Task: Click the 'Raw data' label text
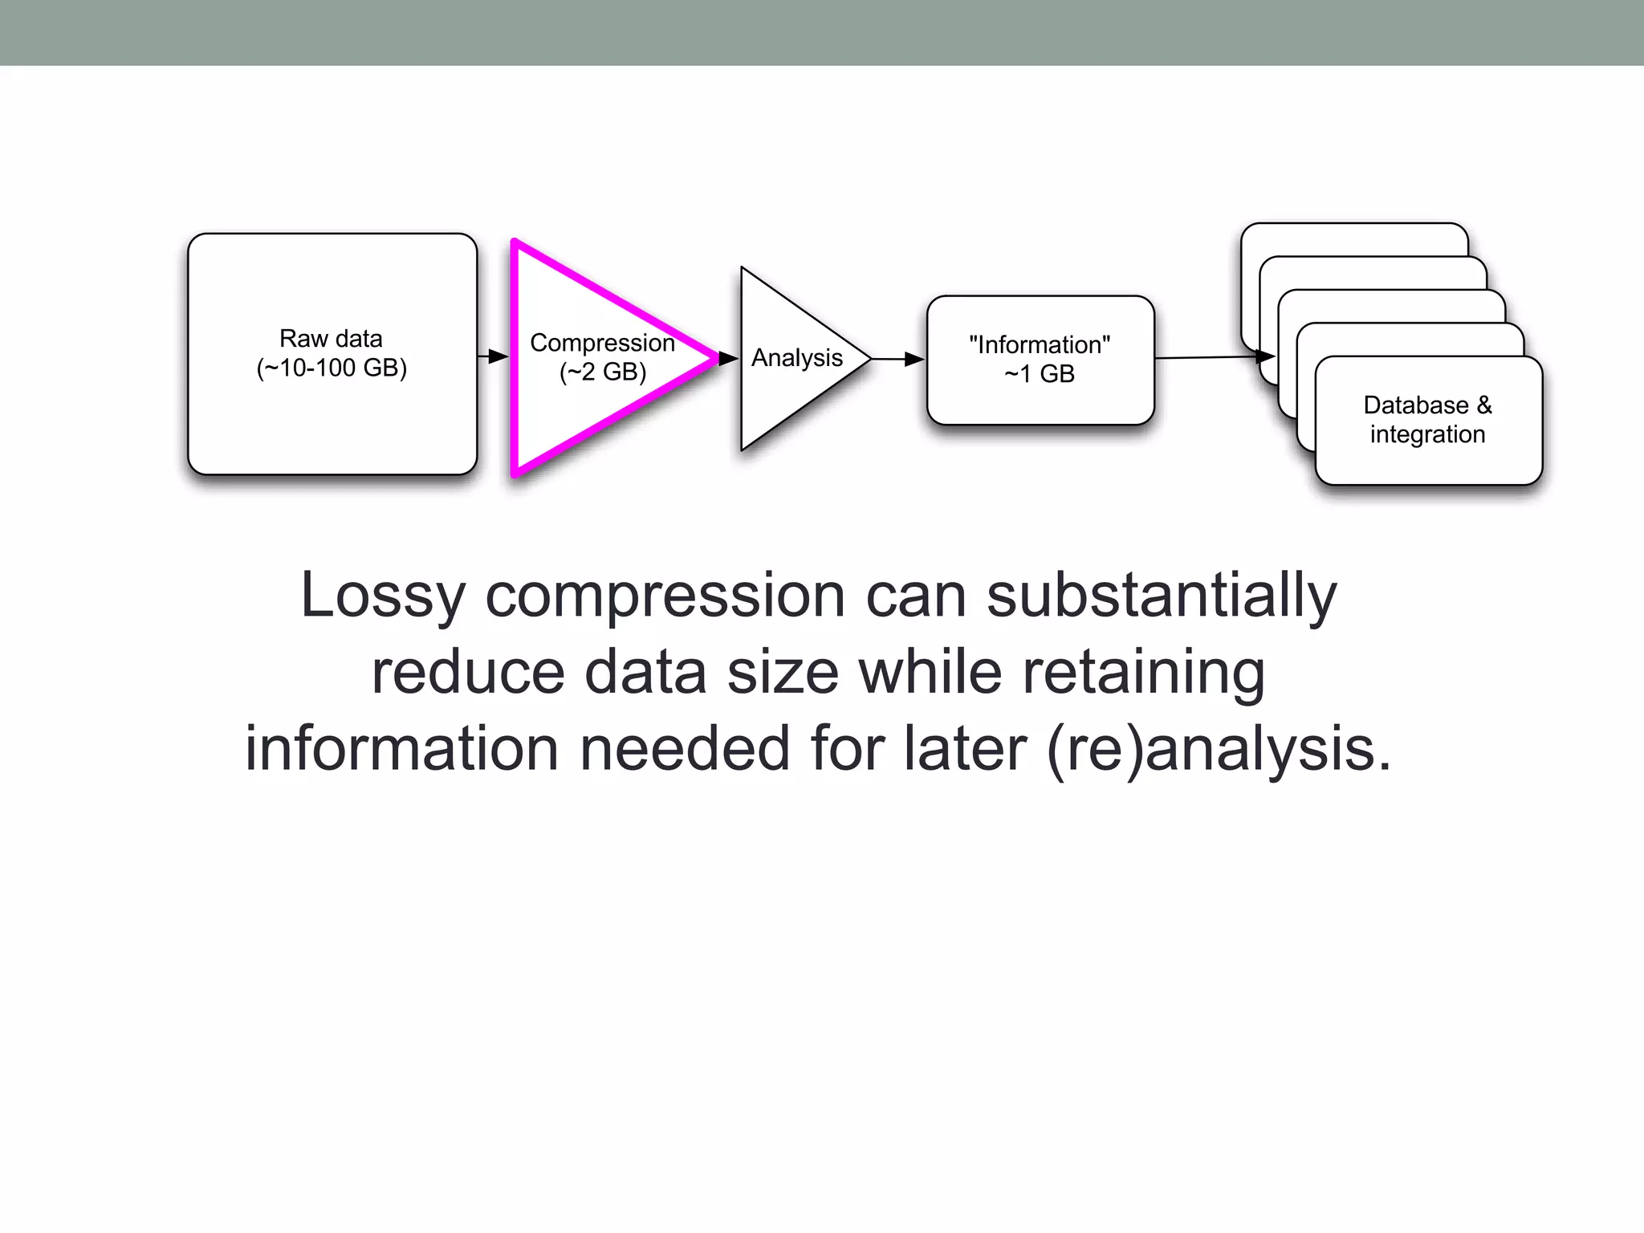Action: pos(331,338)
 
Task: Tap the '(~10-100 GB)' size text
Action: pos(332,368)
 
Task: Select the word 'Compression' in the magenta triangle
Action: pos(602,343)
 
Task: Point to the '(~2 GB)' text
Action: pos(603,372)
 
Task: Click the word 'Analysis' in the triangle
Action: pos(796,357)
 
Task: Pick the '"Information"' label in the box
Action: pos(1040,344)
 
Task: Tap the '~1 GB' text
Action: pos(1040,373)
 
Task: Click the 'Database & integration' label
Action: pos(1427,419)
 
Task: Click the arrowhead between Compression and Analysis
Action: pos(729,358)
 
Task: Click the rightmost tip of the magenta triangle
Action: pos(717,358)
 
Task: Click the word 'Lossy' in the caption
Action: pos(382,596)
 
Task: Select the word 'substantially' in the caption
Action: pos(1161,596)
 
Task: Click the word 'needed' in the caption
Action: pos(685,749)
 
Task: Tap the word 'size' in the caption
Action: pos(783,673)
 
